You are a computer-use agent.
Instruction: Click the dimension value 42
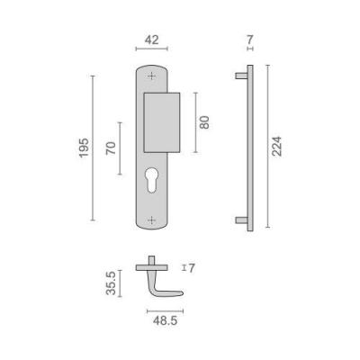(151, 40)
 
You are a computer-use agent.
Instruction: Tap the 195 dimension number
(84, 148)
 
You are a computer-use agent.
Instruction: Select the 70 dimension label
(111, 148)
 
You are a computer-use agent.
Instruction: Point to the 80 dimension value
(204, 122)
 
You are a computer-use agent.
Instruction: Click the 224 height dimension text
(276, 146)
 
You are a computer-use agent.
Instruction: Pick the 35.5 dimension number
(111, 283)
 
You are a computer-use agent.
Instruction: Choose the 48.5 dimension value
(166, 321)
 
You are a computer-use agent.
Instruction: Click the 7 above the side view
(250, 40)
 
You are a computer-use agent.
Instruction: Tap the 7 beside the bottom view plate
(192, 268)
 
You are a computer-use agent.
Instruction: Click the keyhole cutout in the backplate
(152, 180)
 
